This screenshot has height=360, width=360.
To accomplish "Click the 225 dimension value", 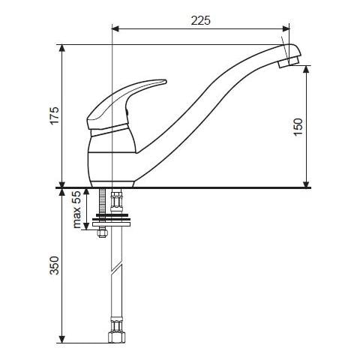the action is tap(201, 20).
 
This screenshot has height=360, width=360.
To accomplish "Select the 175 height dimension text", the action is tap(55, 115).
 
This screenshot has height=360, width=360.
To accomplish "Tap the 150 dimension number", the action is tap(298, 127).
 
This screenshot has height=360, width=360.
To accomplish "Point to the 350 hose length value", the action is tap(55, 265).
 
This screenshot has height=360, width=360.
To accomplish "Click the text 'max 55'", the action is tap(77, 209).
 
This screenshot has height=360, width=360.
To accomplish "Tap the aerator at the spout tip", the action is tap(288, 62).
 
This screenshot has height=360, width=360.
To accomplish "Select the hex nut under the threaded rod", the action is tap(102, 232).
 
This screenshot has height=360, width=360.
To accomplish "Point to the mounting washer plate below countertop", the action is tap(111, 220).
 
